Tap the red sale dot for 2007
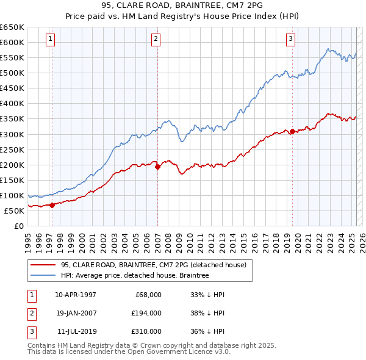157,166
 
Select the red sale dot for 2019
292,131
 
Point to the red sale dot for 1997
52,205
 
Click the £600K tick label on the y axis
13,42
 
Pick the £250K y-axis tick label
13,149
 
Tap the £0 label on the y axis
18,226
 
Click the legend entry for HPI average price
135,275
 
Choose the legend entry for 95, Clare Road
153,265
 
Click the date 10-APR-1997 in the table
76,295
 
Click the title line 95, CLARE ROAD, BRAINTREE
183,8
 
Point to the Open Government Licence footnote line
129,352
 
